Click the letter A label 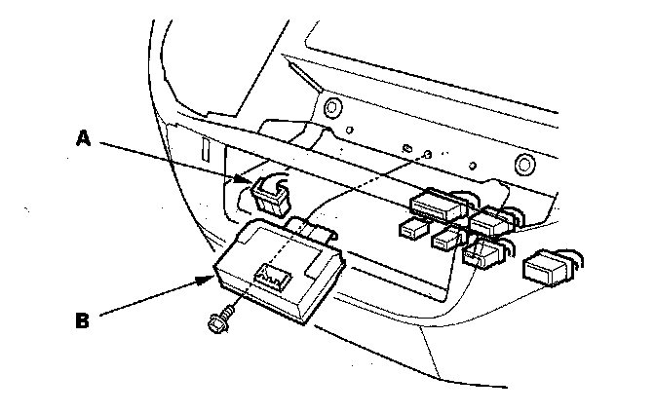(84, 138)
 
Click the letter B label (84, 318)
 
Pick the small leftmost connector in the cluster (412, 229)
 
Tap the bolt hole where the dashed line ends (426, 154)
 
